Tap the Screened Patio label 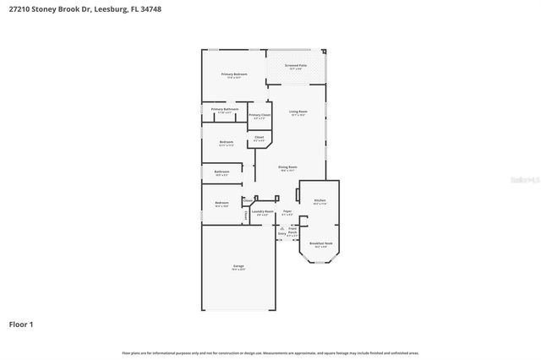296,65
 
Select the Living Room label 298,112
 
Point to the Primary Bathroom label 225,109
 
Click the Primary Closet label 260,115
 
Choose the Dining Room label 287,167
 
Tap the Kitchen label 320,200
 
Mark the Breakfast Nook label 319,243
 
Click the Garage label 238,266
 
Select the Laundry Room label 263,211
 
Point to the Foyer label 287,211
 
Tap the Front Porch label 292,229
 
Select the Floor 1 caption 21,324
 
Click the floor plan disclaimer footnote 270,352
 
